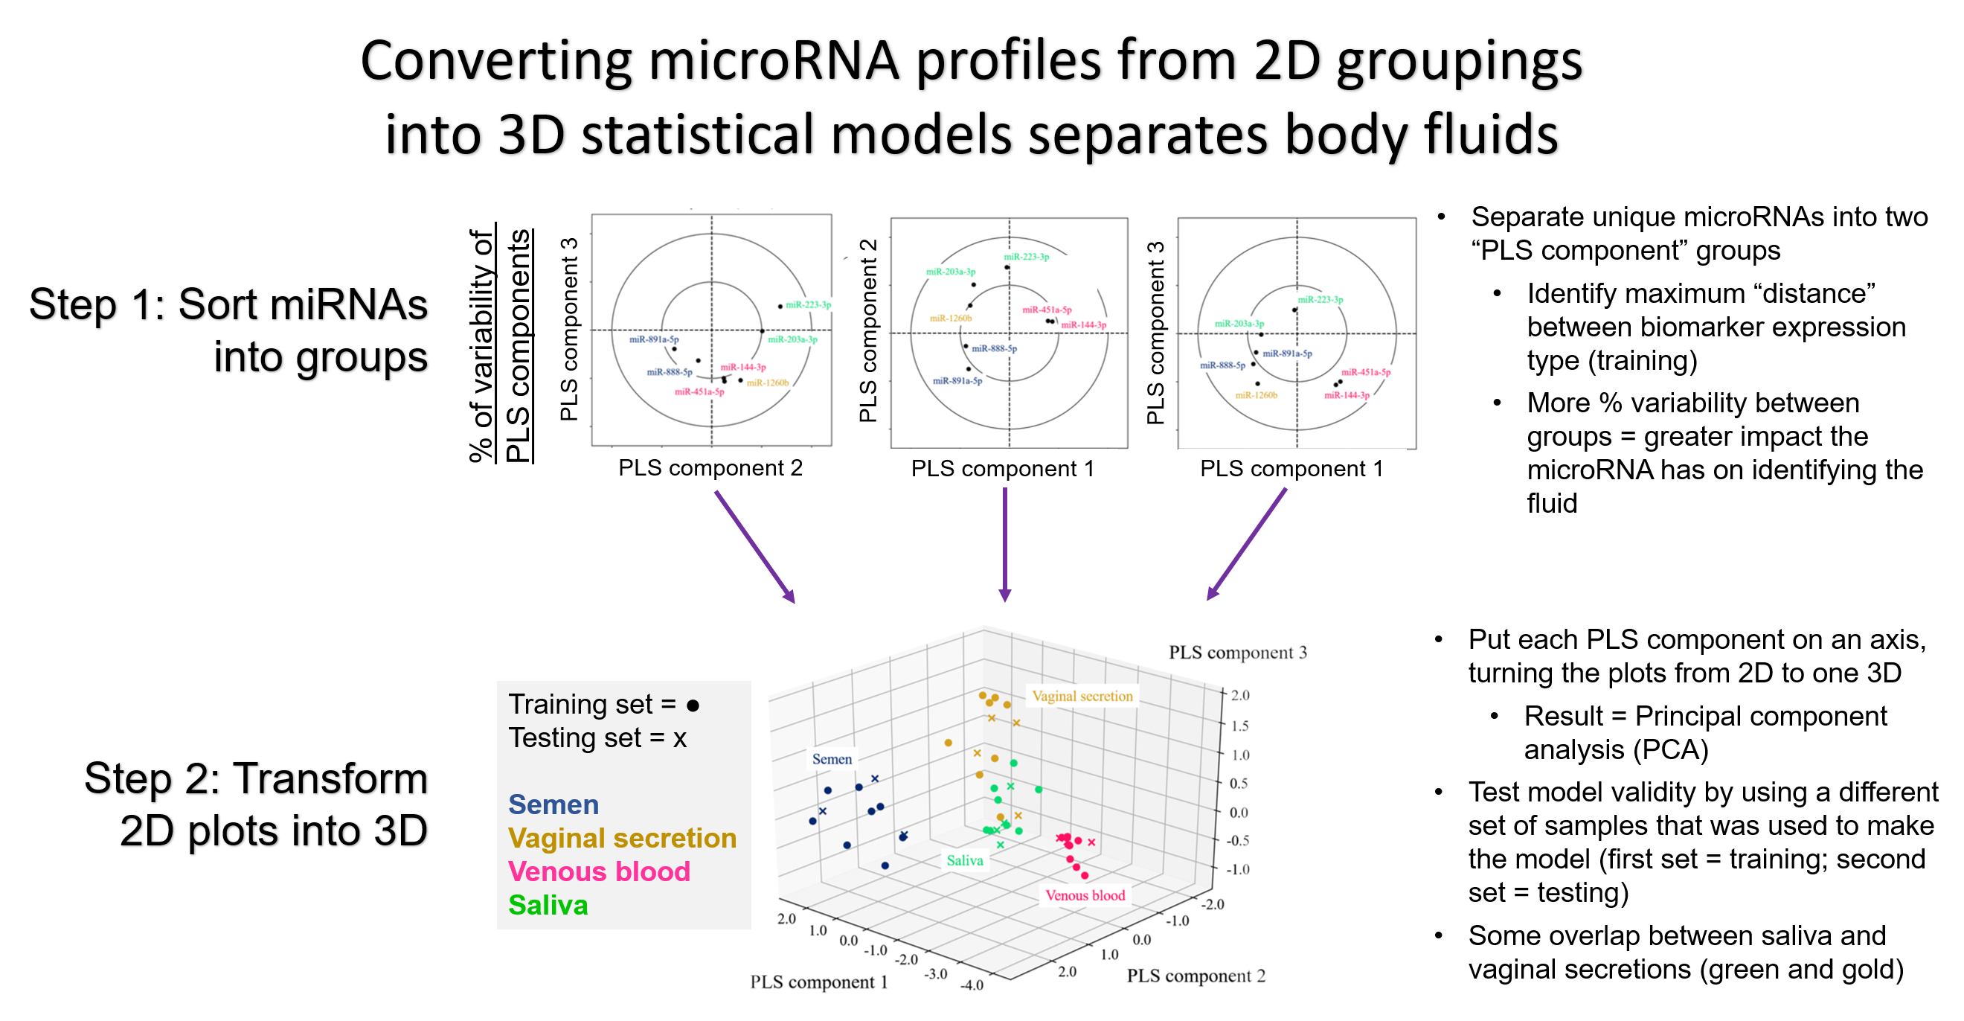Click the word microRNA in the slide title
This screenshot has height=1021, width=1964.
pos(774,61)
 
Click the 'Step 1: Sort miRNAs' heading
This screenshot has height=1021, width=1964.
pos(228,304)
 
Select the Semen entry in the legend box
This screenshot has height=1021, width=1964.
pos(553,804)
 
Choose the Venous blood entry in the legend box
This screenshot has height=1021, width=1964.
pos(599,871)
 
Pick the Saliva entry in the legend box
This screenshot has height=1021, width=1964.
pos(548,905)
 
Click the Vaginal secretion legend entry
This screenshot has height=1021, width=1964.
pos(622,838)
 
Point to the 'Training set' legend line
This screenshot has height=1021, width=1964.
pos(603,704)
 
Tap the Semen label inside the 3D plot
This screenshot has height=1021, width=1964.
pos(831,759)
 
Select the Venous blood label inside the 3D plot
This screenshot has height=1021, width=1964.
pos(1084,895)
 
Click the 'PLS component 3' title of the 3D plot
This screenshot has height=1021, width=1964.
pos(1237,652)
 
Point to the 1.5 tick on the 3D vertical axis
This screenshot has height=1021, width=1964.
pos(1239,725)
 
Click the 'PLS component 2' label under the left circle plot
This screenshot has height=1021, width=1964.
pos(710,467)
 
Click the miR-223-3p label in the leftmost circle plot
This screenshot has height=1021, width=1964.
pos(808,304)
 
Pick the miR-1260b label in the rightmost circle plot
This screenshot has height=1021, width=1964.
pos(1256,395)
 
